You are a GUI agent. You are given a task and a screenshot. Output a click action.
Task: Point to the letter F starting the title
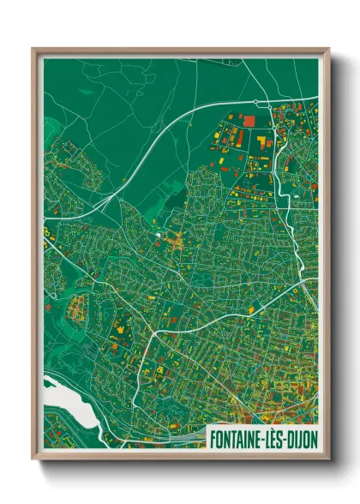pyautogui.click(x=213, y=438)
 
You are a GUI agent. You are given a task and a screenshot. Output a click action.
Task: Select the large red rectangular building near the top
pyautogui.click(x=249, y=121)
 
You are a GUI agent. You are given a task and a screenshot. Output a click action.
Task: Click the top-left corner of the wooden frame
pyautogui.click(x=33, y=48)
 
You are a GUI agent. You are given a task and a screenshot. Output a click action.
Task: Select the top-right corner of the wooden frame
pyautogui.click(x=328, y=48)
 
